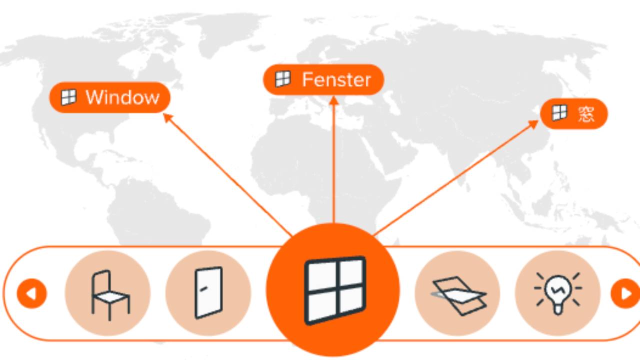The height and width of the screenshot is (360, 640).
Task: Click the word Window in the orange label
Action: click(122, 97)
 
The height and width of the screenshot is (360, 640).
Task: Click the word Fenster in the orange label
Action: click(336, 79)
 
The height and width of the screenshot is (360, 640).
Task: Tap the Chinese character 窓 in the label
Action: click(586, 114)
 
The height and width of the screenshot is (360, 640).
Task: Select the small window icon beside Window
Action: click(68, 97)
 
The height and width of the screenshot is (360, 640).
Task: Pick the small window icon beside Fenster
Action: click(282, 79)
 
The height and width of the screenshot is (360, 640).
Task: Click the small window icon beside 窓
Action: click(559, 113)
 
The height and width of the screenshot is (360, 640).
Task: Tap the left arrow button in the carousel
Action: click(31, 293)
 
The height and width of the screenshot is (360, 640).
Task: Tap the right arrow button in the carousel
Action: click(625, 293)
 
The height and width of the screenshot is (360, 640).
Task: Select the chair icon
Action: click(110, 295)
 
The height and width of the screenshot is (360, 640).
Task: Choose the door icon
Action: click(208, 292)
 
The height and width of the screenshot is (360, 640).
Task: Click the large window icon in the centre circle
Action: click(335, 290)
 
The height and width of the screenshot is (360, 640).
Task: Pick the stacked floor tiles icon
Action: click(458, 296)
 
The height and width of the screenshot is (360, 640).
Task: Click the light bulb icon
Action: click(558, 293)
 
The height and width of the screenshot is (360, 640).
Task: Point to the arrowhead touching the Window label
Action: click(167, 117)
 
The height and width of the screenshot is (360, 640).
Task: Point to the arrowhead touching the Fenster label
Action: click(333, 100)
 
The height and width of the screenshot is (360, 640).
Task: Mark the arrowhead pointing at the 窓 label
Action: click(533, 124)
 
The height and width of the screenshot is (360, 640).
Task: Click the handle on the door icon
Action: click(203, 289)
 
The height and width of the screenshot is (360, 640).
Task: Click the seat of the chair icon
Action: click(111, 297)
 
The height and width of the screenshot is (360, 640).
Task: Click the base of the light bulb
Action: click(558, 310)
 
